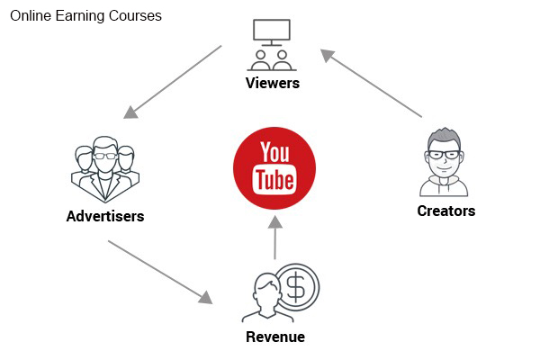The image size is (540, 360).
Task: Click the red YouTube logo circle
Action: click(274, 168)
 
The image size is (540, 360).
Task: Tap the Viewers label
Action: click(273, 83)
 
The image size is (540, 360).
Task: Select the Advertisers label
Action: click(105, 216)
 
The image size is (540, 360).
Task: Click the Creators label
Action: click(446, 211)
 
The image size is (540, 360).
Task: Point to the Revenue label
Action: click(275, 337)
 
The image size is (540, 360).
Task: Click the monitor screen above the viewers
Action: click(272, 30)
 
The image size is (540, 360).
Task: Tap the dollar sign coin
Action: click(297, 286)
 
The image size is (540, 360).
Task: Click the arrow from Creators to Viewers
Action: click(371, 84)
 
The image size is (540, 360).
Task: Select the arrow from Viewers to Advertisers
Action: click(173, 82)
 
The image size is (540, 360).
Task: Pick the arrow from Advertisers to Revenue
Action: click(160, 272)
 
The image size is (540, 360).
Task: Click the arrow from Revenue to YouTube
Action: click(274, 238)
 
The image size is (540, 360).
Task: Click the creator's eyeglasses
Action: click(444, 155)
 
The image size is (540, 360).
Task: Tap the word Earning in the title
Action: click(80, 16)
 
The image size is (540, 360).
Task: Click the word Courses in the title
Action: click(135, 16)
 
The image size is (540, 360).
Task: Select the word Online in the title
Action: click(31, 16)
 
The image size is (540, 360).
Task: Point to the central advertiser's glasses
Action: click(105, 156)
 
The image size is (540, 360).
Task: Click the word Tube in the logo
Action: click(274, 180)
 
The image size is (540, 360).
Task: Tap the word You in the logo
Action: click(274, 152)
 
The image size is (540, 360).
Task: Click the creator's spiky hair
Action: click(444, 136)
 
